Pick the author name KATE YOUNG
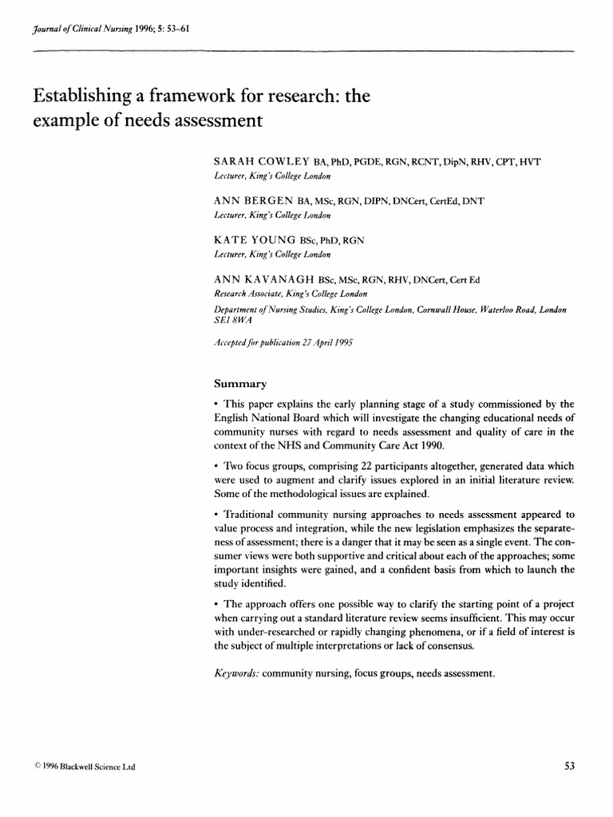click(252, 239)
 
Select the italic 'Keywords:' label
click(237, 673)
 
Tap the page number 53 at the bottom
click(569, 767)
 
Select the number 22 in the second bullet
click(358, 465)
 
